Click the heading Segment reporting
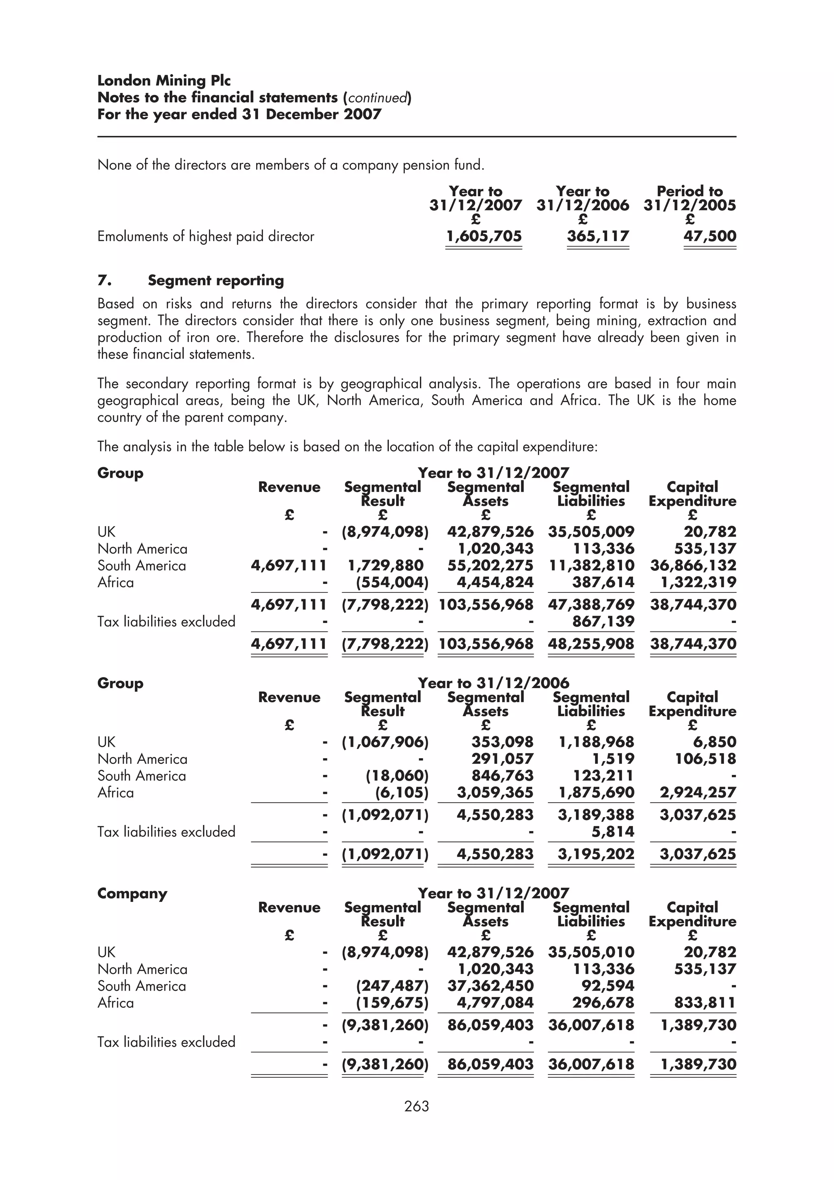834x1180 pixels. pos(216,281)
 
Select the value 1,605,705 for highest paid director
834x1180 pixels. pos(483,237)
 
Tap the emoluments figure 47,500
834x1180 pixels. pos(710,237)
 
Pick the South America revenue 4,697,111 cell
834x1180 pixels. pos(289,566)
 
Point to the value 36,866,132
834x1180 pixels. pos(693,566)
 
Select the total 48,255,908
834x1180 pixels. pos(591,644)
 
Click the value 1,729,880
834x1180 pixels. pos(385,566)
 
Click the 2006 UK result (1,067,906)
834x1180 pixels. pos(385,742)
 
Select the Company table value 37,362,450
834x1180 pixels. pos(490,986)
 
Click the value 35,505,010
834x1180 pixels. pos(591,952)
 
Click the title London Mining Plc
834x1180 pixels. pos(164,81)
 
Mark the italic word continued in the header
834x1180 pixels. pos(377,98)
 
